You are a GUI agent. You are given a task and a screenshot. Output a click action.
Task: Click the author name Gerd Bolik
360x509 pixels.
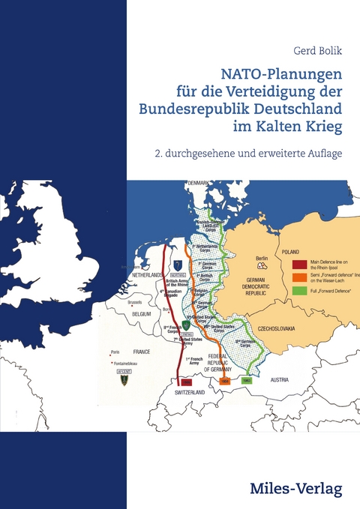316,51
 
